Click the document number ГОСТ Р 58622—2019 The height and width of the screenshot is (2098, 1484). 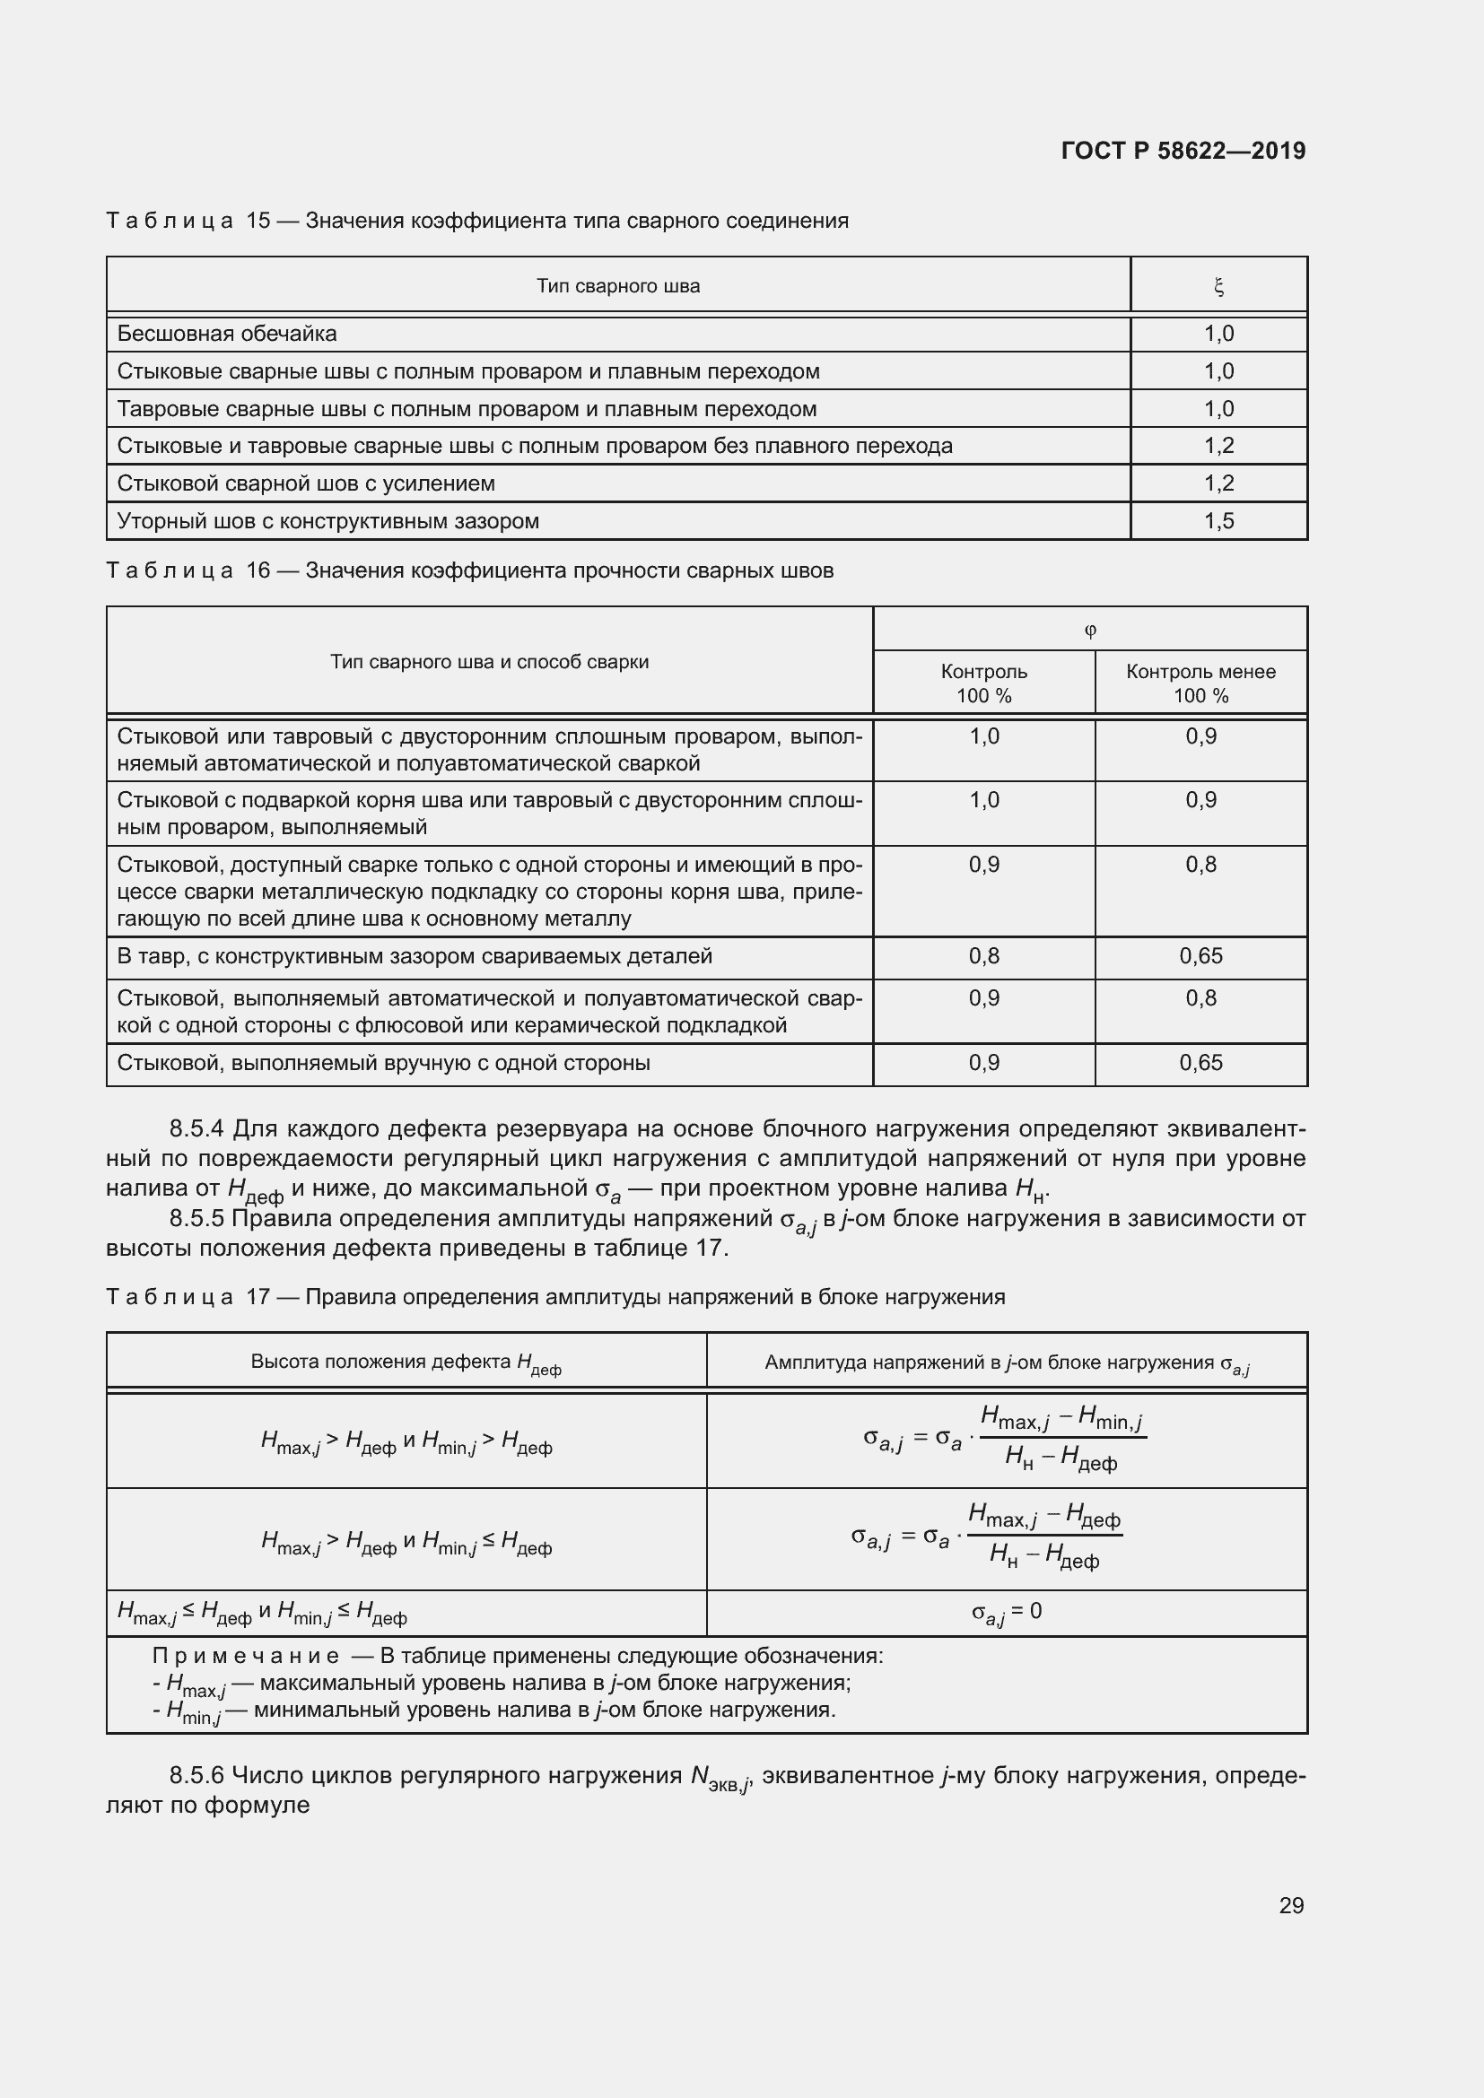1183,151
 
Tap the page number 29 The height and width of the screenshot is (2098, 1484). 1291,1905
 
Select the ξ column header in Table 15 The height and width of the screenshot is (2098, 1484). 1218,287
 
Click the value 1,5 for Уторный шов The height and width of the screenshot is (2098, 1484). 1218,521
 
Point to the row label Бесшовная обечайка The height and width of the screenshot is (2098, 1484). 227,334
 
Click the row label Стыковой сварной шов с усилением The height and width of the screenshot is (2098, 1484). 306,483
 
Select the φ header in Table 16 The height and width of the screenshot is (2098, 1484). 1089,630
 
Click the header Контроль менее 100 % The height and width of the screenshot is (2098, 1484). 1200,683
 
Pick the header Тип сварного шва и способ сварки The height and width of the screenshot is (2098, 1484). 489,662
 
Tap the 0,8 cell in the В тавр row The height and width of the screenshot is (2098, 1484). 983,956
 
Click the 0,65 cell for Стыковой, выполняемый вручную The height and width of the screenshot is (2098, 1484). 1200,1063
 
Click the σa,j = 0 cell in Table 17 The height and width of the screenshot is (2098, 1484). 1006,1611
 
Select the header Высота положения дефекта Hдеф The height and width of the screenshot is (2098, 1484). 406,1362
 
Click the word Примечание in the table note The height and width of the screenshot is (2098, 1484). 245,1656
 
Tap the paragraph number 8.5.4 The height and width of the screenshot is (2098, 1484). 196,1128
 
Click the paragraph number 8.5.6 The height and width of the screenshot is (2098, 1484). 196,1775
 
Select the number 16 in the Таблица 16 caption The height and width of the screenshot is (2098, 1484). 258,571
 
